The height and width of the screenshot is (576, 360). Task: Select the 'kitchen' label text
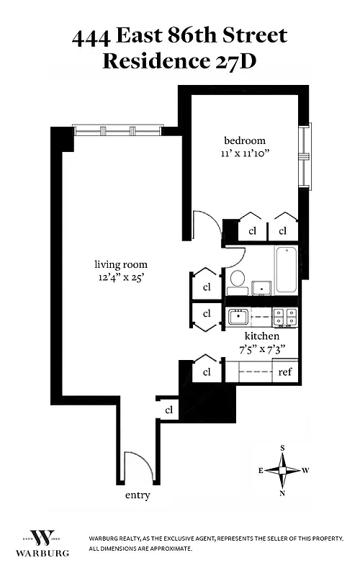point(261,336)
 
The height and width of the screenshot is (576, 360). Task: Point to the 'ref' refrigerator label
point(286,372)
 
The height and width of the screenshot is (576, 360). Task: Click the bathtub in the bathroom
point(286,270)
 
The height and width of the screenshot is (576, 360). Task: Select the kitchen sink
point(238,316)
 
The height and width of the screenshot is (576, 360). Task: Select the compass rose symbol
point(282,470)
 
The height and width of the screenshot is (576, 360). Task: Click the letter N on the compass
point(282,493)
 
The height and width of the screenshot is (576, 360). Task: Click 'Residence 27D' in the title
point(179,60)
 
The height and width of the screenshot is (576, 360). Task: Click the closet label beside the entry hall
point(169,410)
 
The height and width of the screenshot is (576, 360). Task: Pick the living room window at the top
point(117,131)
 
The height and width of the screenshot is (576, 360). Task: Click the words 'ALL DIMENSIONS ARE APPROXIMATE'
point(140,549)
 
